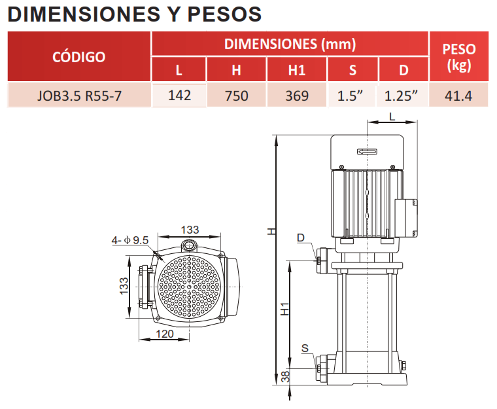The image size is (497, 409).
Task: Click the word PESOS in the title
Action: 224,14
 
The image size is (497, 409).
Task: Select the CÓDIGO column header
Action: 79,57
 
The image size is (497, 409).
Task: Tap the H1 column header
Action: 297,70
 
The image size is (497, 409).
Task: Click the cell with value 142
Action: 179,96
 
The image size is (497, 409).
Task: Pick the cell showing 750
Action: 237,96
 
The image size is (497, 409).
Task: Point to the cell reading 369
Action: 297,96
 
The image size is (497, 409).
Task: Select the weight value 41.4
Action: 458,96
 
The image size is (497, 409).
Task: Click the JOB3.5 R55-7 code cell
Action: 79,96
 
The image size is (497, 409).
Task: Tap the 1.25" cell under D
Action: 401,96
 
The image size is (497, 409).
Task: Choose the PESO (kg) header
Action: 459,57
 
